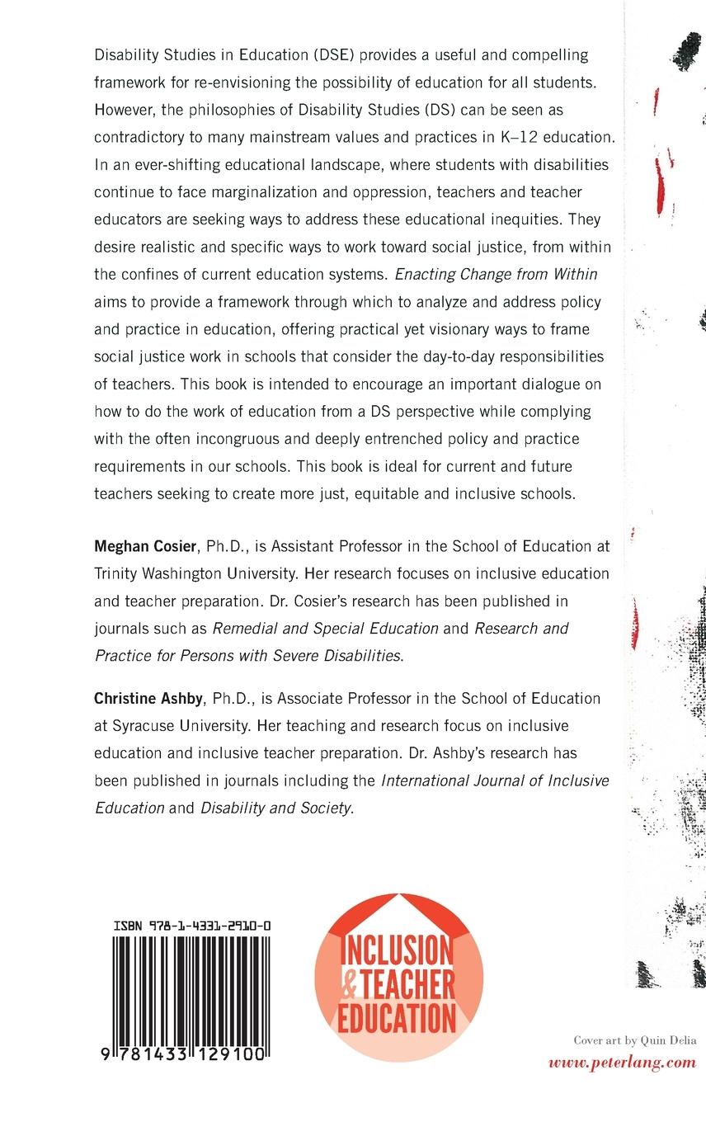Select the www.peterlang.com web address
click(x=623, y=1063)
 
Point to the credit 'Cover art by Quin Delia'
click(x=635, y=1041)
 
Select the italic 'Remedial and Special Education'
click(x=326, y=628)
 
